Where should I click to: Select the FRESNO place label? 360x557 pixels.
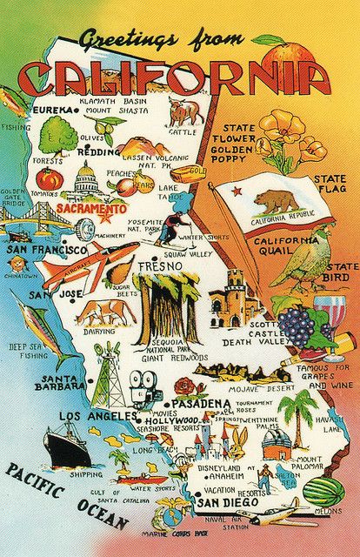(x=164, y=263)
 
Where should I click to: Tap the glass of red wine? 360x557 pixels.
(x=329, y=313)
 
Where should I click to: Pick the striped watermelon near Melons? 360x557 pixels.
(x=326, y=492)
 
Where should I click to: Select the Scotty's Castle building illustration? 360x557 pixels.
(x=233, y=300)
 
